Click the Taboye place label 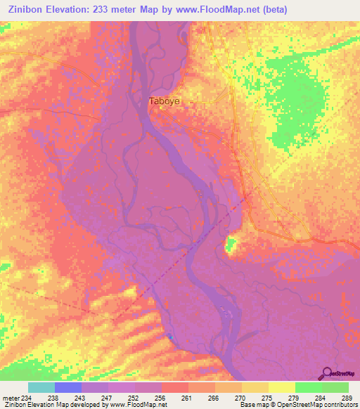coord(164,101)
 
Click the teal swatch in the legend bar coord(41,387)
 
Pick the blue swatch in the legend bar coord(68,387)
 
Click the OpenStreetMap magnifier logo coord(327,372)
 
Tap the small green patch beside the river coord(231,245)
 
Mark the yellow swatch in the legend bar coord(282,387)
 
